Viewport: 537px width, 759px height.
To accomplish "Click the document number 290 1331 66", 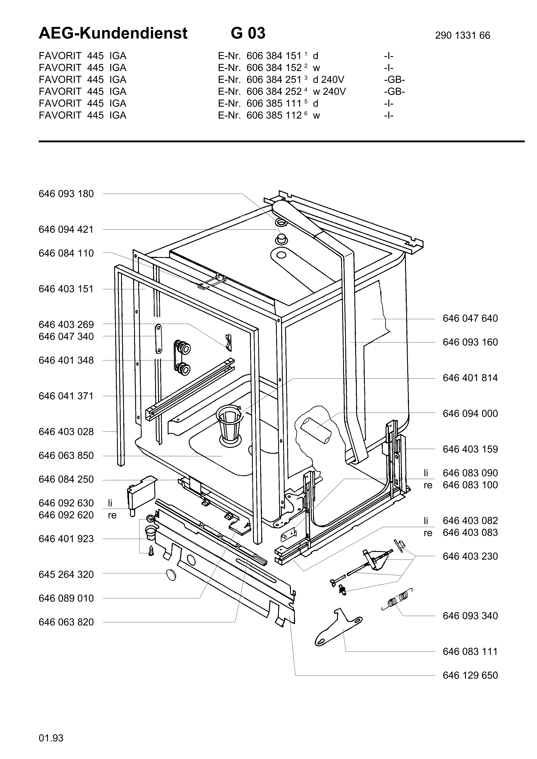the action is [x=462, y=35].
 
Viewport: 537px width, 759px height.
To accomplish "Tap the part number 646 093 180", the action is [x=66, y=194].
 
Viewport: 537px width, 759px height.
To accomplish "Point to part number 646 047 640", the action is [x=470, y=318].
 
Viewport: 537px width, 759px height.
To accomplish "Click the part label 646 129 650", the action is [x=470, y=675].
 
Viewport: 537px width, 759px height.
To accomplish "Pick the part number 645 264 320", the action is [x=66, y=574].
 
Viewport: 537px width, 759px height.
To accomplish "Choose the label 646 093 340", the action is [x=470, y=616].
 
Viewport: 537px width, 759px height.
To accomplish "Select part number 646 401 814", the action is [x=470, y=378].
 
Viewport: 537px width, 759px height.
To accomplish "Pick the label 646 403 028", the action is [x=66, y=432].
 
